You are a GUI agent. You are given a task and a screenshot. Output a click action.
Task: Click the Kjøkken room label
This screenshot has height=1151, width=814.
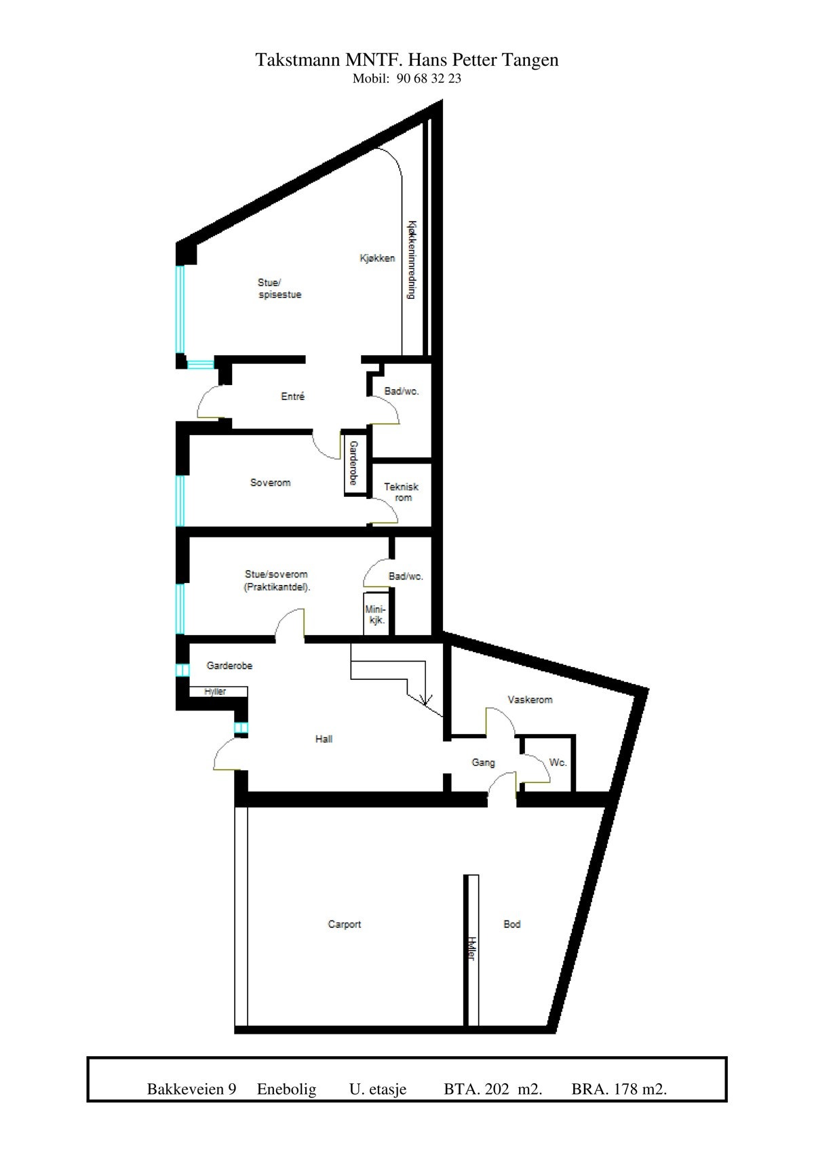(x=377, y=258)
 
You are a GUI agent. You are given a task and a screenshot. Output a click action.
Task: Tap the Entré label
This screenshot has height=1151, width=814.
(x=293, y=397)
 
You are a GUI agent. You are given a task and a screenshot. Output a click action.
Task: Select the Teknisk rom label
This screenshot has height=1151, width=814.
(x=402, y=492)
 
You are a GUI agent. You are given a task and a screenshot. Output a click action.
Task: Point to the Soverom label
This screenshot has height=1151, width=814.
(x=270, y=483)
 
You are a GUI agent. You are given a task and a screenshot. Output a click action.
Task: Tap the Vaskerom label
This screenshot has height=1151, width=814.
(x=530, y=700)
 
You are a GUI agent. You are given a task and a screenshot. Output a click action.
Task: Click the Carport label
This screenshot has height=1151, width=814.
(x=345, y=924)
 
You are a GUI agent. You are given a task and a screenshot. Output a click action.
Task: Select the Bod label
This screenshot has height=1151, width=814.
(x=512, y=924)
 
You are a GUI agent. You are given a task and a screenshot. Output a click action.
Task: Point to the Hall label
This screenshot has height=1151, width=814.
(x=324, y=739)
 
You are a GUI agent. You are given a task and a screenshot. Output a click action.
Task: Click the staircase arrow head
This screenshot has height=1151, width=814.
(x=426, y=701)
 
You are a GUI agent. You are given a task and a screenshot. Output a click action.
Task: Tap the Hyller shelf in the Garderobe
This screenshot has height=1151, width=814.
(x=216, y=691)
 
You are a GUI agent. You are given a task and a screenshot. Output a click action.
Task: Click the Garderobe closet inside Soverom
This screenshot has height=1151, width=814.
(x=353, y=463)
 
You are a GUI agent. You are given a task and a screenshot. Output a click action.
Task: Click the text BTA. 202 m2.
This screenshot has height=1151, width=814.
(x=493, y=1089)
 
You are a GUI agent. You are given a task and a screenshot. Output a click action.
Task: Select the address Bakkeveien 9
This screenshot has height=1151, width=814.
(x=191, y=1089)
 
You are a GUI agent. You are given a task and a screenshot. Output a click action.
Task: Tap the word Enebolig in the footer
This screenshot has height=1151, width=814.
(x=286, y=1089)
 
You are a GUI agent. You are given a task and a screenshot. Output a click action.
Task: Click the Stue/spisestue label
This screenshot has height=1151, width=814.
(x=279, y=289)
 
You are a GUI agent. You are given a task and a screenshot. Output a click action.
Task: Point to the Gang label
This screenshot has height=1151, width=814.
(x=483, y=763)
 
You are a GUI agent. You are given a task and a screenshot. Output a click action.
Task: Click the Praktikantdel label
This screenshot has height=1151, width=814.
(x=277, y=588)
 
